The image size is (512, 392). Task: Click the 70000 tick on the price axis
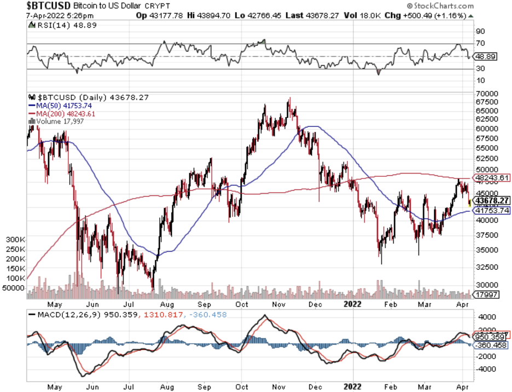pos(486,94)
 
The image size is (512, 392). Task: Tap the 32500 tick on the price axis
pos(486,267)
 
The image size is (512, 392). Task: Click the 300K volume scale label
pos(15,240)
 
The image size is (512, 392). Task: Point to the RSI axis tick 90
pos(481,31)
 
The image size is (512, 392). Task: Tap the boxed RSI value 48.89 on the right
pos(486,56)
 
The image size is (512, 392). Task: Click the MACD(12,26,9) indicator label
pos(71,315)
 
